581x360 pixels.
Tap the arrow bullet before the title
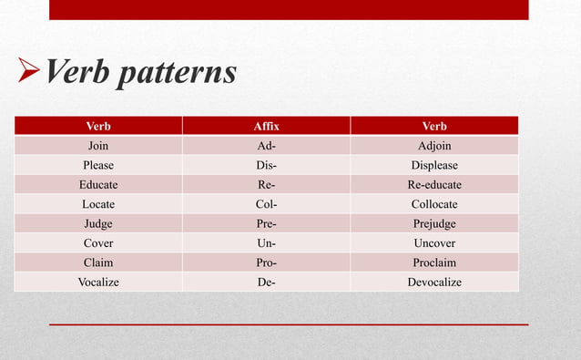coord(27,71)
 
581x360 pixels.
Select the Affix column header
coord(266,126)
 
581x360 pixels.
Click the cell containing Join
coord(98,146)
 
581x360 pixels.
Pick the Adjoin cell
coord(433,146)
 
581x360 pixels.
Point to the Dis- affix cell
coord(266,165)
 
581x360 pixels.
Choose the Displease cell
coord(433,165)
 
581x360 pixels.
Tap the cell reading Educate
coord(98,184)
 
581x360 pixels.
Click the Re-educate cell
coord(433,184)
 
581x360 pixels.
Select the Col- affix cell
coord(266,204)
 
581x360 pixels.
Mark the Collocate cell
coord(433,204)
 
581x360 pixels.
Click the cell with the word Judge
coord(98,223)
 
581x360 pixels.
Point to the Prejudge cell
coord(433,223)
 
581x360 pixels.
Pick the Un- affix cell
coord(266,243)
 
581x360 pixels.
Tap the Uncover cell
coord(433,243)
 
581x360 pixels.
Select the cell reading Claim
coord(98,262)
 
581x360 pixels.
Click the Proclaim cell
coord(433,262)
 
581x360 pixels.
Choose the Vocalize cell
coord(98,282)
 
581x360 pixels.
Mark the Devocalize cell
coord(433,282)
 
